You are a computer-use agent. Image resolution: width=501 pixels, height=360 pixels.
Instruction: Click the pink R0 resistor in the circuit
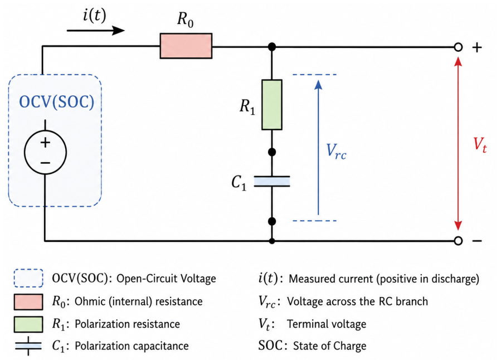[186, 46]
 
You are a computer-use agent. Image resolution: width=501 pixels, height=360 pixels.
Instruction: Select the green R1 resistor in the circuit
[272, 105]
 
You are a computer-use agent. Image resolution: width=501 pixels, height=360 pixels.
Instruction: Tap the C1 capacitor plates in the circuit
[272, 181]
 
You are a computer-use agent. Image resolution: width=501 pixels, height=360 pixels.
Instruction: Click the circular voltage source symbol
[45, 152]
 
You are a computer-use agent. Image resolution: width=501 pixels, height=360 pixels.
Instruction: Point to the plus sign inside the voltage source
[45, 143]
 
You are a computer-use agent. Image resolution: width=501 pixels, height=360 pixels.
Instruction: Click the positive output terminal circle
[458, 47]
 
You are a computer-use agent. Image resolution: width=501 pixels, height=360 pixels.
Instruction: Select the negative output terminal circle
[458, 241]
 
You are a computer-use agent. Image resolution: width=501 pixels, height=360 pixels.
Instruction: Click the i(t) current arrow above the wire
[95, 31]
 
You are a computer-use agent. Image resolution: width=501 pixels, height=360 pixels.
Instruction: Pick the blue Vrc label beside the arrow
[336, 152]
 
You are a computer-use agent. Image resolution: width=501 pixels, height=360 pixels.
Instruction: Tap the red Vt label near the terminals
[480, 145]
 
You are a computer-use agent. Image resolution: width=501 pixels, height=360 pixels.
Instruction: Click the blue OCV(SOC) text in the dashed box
[56, 102]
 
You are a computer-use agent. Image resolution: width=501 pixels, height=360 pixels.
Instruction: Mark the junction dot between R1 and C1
[272, 152]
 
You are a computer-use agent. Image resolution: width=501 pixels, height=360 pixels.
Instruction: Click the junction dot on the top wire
[272, 47]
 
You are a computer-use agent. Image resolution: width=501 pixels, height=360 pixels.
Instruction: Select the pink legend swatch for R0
[28, 302]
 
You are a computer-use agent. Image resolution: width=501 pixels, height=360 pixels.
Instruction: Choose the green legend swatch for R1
[28, 324]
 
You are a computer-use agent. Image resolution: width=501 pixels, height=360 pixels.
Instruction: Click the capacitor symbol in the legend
[28, 346]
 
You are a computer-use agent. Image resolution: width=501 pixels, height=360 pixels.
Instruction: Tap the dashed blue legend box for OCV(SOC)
[28, 278]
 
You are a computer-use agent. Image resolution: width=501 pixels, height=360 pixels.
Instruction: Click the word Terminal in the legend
[307, 324]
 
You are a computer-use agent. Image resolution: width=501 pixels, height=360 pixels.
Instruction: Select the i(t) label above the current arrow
[94, 15]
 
